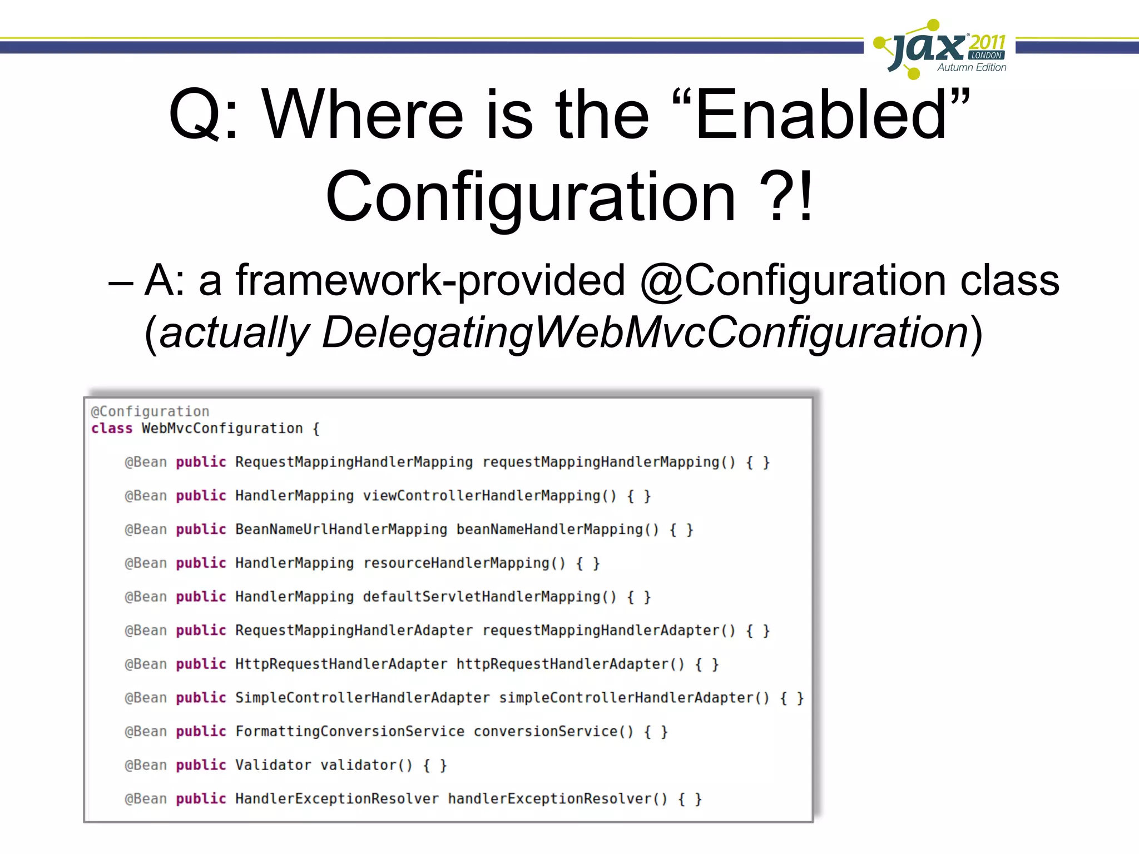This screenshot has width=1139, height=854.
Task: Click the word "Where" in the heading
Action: [362, 115]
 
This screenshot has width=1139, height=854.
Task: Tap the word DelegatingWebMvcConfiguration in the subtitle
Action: [646, 332]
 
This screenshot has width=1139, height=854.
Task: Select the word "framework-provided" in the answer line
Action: [430, 280]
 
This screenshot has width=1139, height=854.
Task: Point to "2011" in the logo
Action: [987, 42]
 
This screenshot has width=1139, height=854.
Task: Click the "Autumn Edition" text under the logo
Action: [972, 67]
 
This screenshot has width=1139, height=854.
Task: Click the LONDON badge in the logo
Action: [987, 56]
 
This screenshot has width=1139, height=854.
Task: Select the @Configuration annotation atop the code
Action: [150, 411]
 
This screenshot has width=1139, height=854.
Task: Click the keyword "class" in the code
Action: [112, 429]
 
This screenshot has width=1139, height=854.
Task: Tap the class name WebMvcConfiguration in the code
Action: [222, 429]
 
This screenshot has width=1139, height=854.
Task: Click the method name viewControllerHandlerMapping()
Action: [489, 496]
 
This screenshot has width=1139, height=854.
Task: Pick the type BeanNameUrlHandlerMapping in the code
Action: [341, 529]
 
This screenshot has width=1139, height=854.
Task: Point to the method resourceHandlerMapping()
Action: [464, 563]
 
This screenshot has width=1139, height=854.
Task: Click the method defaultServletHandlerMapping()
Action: [489, 597]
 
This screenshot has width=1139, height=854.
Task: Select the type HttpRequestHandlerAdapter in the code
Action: [341, 664]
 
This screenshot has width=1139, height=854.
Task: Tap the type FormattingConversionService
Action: [350, 732]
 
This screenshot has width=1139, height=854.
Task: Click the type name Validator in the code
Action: [273, 766]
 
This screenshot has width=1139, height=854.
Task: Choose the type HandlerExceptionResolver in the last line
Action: [337, 799]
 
